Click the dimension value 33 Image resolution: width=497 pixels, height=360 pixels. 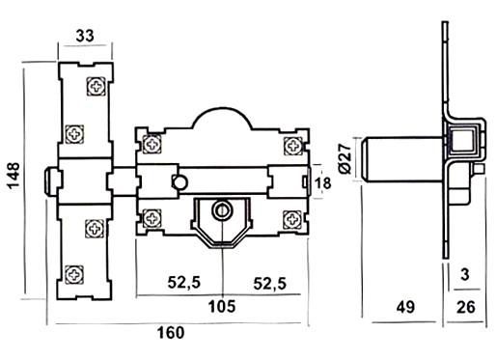click(85, 36)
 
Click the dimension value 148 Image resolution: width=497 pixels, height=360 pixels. click(14, 176)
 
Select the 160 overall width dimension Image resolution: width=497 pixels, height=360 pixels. click(171, 333)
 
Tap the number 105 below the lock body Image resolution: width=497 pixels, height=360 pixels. click(222, 306)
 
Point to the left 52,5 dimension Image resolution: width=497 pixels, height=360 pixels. click(184, 283)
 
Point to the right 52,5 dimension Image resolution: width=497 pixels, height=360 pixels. click(269, 284)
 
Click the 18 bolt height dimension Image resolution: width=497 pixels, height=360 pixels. click(322, 183)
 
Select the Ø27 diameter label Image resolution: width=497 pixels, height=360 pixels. click(345, 159)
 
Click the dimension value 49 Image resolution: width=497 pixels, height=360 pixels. click(405, 307)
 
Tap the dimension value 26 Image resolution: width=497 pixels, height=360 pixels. click(465, 307)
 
